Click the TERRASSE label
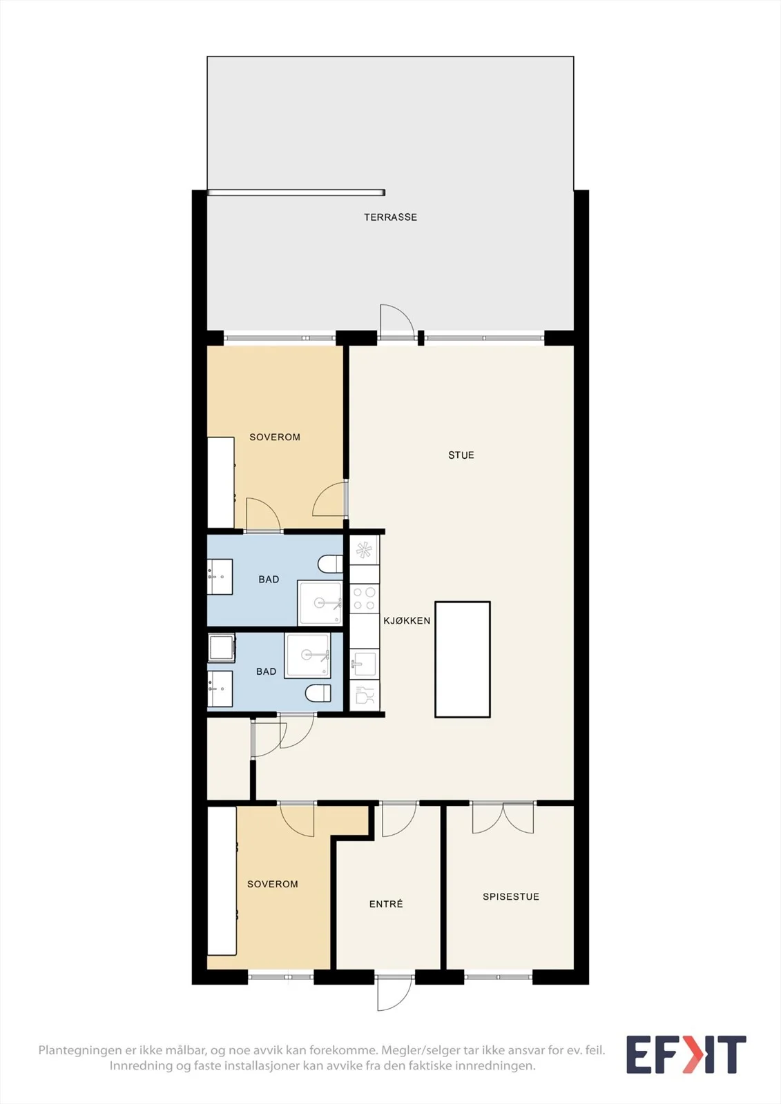coord(390,217)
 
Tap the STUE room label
coord(461,455)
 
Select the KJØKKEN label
coord(407,620)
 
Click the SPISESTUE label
coord(510,896)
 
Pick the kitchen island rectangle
coord(462,659)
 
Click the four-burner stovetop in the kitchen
coord(364,598)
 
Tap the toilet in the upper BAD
coord(330,564)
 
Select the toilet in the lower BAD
coord(318,693)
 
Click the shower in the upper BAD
coord(320,603)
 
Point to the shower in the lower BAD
coord(307,655)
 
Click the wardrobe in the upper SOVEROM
coord(220,482)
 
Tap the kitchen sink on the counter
coord(364,664)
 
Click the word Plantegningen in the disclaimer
coord(79,1050)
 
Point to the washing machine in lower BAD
coord(222,648)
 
